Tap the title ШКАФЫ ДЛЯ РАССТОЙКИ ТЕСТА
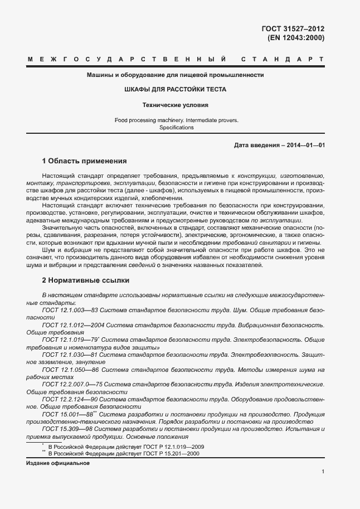(175, 89)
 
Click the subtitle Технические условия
(175, 104)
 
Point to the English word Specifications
(176, 128)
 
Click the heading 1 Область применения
(84, 161)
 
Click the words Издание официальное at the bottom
(58, 464)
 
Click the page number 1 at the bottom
(323, 472)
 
